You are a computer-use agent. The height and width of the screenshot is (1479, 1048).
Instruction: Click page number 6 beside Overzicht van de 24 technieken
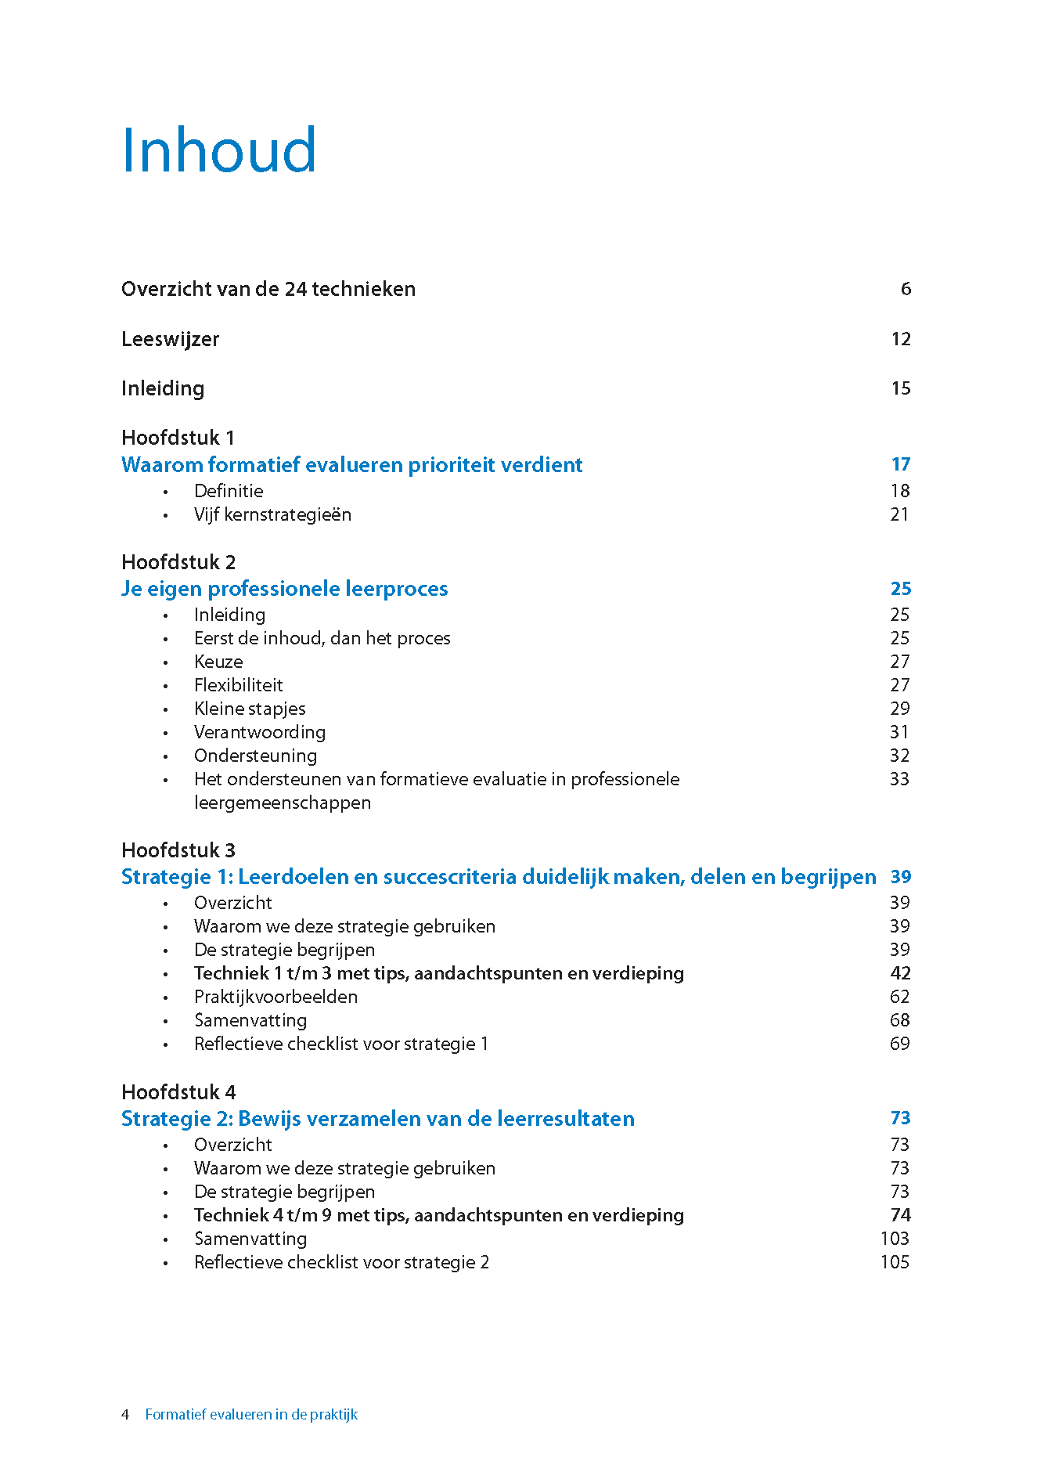(x=906, y=289)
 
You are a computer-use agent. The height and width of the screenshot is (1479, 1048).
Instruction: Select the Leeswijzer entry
(x=170, y=339)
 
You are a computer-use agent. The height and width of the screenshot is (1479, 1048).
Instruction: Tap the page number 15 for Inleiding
(x=901, y=388)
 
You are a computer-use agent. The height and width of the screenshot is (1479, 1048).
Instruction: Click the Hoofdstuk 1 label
(x=178, y=438)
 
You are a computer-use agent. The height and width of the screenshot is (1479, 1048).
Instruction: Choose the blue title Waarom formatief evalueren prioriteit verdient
(x=351, y=465)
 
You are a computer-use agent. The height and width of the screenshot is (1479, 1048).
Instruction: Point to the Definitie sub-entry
(x=229, y=491)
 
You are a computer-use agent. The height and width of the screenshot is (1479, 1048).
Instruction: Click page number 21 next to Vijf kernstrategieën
(x=899, y=514)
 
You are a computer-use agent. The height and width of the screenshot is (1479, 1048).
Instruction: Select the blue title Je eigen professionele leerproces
(x=284, y=589)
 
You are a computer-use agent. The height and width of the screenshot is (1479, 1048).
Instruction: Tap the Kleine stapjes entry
(x=250, y=709)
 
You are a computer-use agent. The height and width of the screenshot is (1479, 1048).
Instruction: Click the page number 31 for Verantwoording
(x=899, y=732)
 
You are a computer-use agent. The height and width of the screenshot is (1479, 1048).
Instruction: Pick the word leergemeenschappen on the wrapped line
(x=283, y=803)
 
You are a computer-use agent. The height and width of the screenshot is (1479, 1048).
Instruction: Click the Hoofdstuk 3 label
(x=178, y=850)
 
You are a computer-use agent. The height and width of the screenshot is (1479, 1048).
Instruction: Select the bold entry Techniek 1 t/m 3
(x=438, y=973)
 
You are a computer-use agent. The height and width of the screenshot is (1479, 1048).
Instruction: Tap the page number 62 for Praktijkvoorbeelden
(x=899, y=997)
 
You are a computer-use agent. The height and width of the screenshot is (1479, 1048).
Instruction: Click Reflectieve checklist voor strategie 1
(x=341, y=1044)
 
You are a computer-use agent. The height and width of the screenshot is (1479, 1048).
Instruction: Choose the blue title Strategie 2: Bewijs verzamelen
(x=377, y=1119)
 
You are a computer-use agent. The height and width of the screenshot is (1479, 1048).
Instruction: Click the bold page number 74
(x=900, y=1215)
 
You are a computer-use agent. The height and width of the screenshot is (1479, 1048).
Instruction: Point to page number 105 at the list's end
(x=895, y=1262)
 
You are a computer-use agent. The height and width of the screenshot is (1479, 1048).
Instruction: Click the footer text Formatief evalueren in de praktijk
(x=251, y=1415)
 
